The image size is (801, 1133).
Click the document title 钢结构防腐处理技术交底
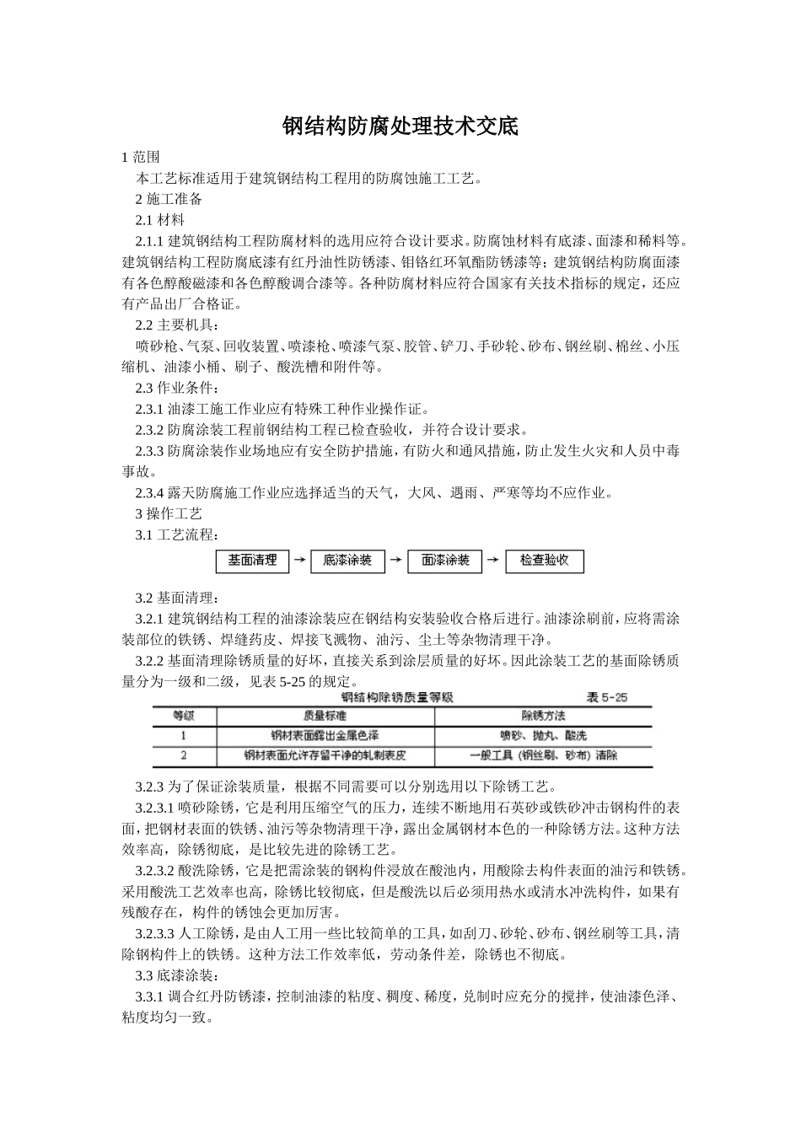click(x=400, y=127)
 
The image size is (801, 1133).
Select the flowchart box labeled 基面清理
click(x=252, y=561)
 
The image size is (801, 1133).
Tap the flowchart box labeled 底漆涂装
click(x=347, y=561)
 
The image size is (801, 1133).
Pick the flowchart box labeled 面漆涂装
click(x=445, y=561)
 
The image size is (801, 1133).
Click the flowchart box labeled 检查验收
click(x=544, y=561)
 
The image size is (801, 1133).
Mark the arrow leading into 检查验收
click(x=494, y=561)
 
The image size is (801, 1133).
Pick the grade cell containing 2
click(x=183, y=756)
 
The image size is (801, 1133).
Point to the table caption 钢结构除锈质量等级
click(x=397, y=697)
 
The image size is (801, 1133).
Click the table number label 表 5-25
click(x=606, y=697)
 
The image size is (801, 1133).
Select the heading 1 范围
click(x=141, y=157)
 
